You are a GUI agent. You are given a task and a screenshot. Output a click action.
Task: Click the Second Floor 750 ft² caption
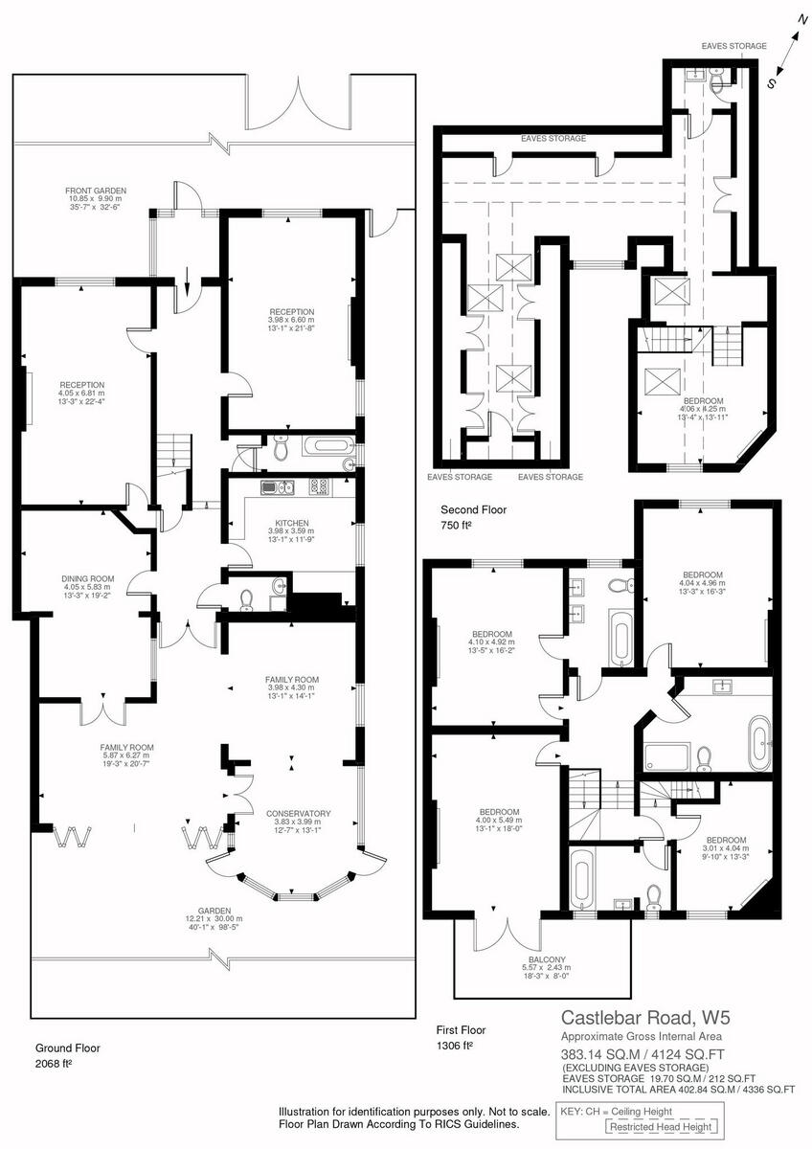click(468, 518)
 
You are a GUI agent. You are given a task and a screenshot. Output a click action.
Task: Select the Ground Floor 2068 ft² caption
click(68, 1056)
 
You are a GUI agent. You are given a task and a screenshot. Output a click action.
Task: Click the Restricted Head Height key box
click(662, 1127)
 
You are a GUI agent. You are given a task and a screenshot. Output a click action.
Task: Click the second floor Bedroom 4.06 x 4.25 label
click(703, 410)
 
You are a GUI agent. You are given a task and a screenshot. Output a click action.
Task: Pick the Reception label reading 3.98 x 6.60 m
click(292, 322)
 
